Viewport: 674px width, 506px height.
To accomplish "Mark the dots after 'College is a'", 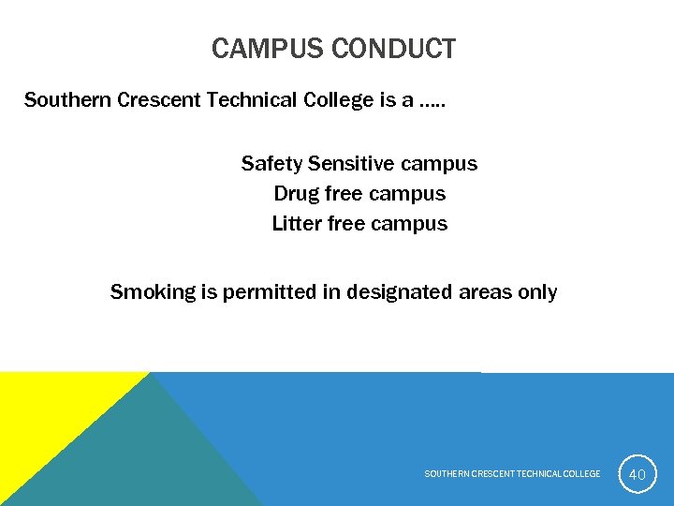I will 432,102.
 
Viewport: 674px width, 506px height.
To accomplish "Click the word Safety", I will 271,164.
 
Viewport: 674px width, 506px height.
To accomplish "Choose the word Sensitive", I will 351,164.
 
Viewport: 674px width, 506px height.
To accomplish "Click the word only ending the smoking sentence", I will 537,292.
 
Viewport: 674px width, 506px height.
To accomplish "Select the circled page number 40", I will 637,474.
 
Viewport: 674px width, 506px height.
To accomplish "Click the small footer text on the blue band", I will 512,474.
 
